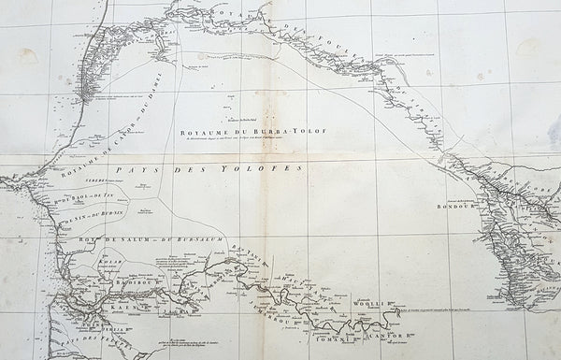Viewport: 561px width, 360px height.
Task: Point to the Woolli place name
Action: (374, 300)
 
